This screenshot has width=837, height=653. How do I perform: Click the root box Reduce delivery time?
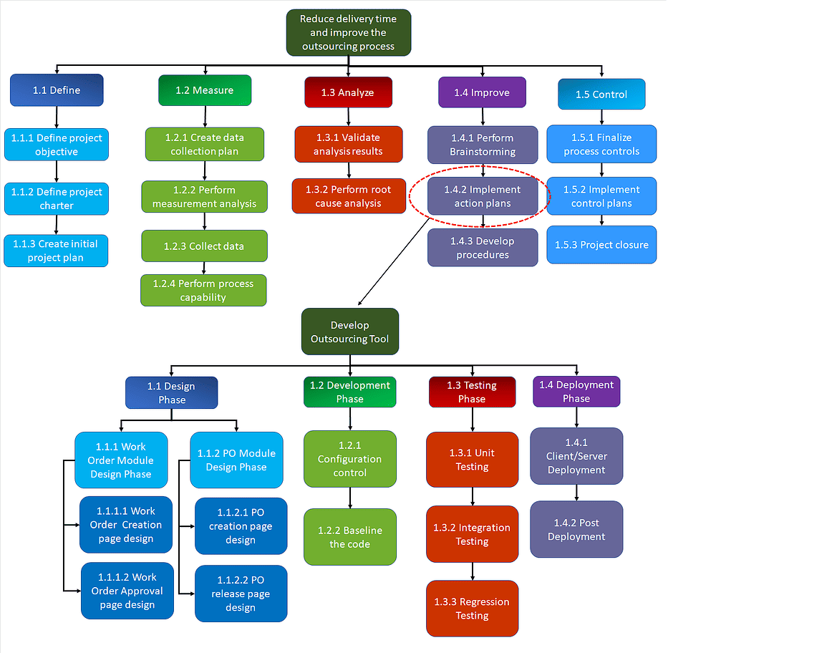(348, 32)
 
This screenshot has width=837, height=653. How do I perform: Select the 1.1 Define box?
(57, 90)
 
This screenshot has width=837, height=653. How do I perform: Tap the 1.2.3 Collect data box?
(204, 246)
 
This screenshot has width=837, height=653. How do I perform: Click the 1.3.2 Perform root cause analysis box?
(349, 196)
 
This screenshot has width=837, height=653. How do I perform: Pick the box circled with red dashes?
(482, 196)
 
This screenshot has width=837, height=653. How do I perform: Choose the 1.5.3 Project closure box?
(601, 245)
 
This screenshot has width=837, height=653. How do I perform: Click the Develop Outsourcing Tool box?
(349, 332)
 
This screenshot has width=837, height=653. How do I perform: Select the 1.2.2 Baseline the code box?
(349, 537)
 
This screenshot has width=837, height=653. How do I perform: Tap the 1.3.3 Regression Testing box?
(472, 609)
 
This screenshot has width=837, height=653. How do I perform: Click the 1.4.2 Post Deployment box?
(576, 529)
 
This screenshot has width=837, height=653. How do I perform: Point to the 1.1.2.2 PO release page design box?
(241, 594)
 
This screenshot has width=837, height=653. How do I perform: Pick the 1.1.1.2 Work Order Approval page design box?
(127, 591)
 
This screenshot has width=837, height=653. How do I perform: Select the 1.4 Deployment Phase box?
(576, 391)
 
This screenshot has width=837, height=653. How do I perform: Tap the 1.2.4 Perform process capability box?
(203, 290)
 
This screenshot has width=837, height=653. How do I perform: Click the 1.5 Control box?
(601, 95)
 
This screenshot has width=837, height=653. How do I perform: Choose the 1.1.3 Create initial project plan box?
(56, 251)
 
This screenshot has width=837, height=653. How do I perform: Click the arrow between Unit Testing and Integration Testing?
(473, 495)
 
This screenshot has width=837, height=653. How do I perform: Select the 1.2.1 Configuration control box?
(349, 459)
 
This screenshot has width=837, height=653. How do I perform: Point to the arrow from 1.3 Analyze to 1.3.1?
(349, 117)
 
